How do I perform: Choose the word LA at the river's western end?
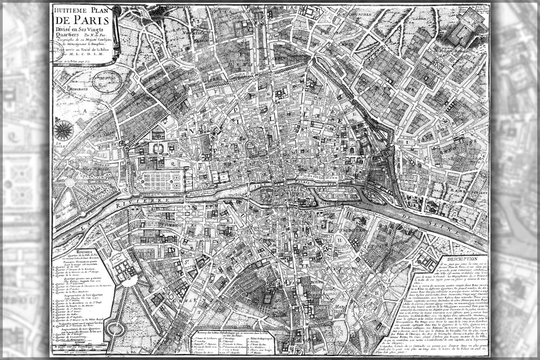coord(84,227)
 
